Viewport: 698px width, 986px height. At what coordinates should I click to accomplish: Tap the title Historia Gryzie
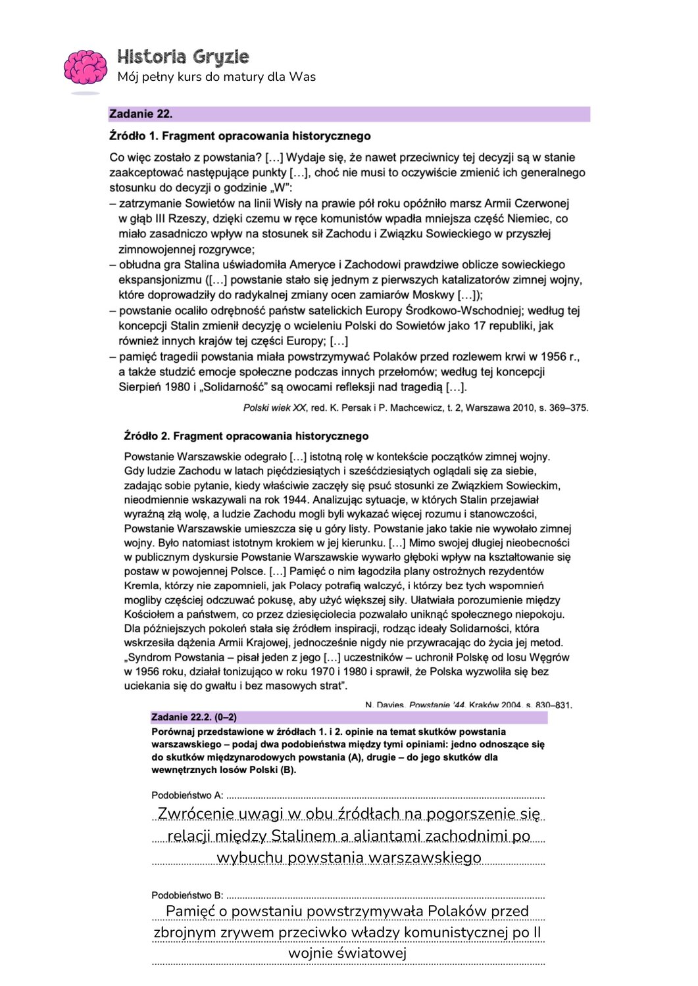point(183,57)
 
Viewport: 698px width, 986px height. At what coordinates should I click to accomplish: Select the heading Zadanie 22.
point(141,114)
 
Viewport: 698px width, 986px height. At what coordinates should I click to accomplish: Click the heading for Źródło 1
point(239,136)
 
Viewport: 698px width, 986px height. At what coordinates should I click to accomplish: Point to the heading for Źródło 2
point(246,436)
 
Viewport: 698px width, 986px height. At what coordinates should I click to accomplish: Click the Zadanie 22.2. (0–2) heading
point(193,717)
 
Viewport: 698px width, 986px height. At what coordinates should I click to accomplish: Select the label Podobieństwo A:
point(187,795)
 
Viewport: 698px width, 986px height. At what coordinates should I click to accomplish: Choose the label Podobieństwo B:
point(187,895)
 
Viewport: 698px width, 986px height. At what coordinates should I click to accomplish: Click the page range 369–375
point(568,408)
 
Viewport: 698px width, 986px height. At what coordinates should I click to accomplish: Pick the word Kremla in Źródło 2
point(141,586)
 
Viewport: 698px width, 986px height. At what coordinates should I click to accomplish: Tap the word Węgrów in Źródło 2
point(551,657)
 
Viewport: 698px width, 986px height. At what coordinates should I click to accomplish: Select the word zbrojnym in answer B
point(185,932)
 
